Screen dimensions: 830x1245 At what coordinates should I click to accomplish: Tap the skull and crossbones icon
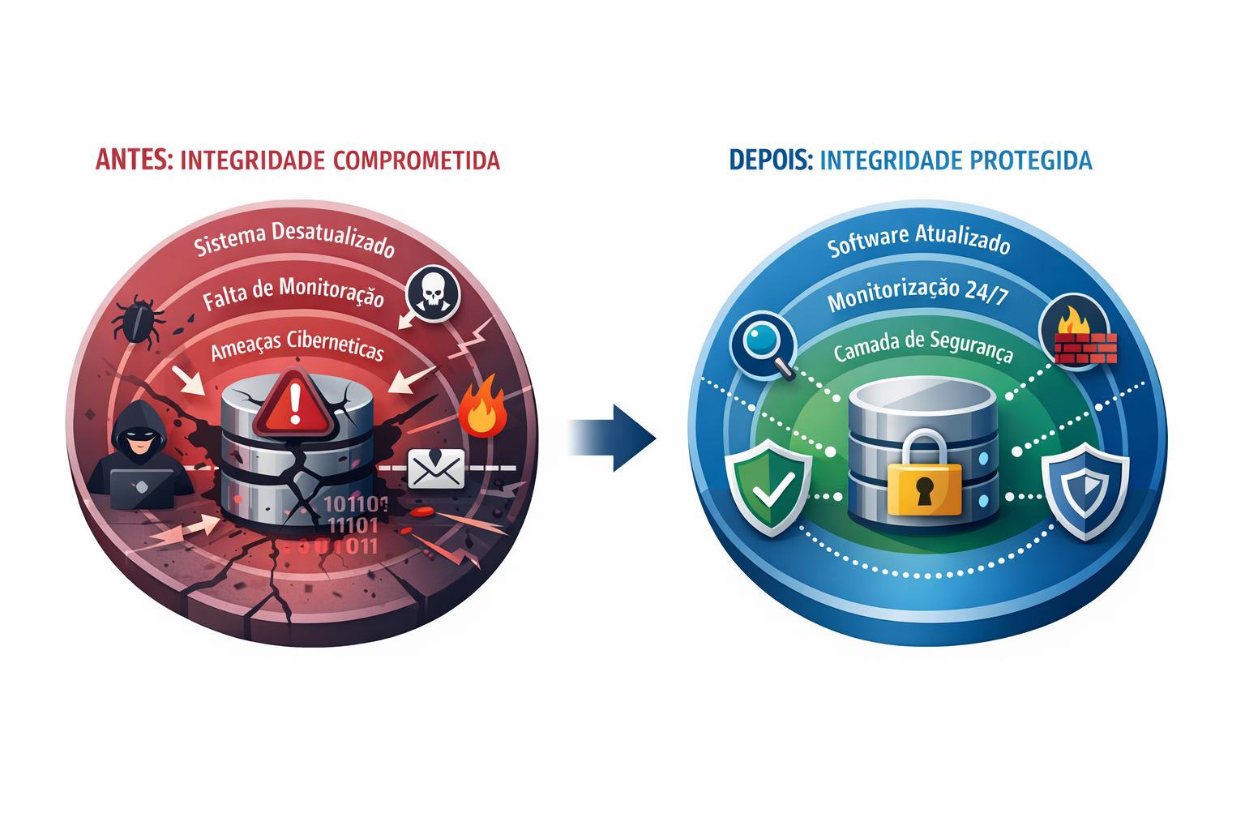tap(433, 293)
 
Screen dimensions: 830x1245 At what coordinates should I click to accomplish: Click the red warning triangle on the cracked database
tap(294, 403)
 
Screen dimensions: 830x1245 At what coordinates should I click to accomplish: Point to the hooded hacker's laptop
tap(141, 488)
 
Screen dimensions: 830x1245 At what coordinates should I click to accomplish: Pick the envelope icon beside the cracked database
tap(436, 468)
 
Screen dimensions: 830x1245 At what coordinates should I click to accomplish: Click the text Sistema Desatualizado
tap(294, 240)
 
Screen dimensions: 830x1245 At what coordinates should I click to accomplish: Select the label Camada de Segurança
tap(923, 346)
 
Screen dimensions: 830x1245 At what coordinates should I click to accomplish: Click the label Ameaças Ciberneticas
tap(297, 346)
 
